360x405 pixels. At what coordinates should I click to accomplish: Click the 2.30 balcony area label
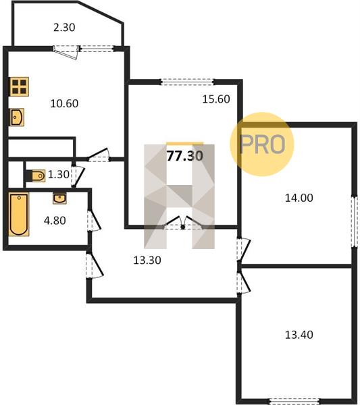(64, 28)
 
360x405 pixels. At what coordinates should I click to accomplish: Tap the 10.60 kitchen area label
(64, 103)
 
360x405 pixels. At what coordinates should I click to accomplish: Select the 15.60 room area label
(216, 99)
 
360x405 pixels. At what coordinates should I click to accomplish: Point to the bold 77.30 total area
(185, 156)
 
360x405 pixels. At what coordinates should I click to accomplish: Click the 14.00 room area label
(299, 198)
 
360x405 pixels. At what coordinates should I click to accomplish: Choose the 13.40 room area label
(299, 335)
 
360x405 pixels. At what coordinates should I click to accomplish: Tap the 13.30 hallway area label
(147, 260)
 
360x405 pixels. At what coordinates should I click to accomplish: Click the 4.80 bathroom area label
(55, 221)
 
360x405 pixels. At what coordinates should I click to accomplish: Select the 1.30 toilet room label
(59, 175)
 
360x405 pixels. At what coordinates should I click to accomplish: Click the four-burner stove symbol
(20, 87)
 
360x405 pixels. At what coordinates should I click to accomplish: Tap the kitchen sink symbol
(17, 117)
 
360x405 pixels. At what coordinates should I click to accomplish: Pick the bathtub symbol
(19, 214)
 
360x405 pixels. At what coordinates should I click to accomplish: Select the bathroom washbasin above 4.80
(59, 198)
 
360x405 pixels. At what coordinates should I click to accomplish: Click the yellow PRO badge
(262, 144)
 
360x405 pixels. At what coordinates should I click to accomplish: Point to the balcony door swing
(66, 53)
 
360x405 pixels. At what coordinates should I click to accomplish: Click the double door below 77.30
(183, 223)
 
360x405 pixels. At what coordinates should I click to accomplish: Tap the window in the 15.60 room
(187, 82)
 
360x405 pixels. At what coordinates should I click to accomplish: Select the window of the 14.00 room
(354, 221)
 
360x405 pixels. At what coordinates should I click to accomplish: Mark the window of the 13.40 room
(294, 401)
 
